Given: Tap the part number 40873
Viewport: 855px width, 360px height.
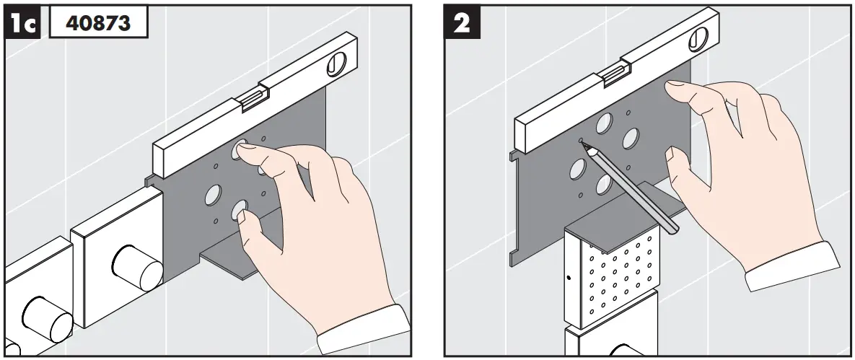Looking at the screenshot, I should pyautogui.click(x=98, y=22).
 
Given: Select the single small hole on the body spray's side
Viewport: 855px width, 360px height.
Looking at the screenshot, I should pyautogui.click(x=570, y=276).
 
